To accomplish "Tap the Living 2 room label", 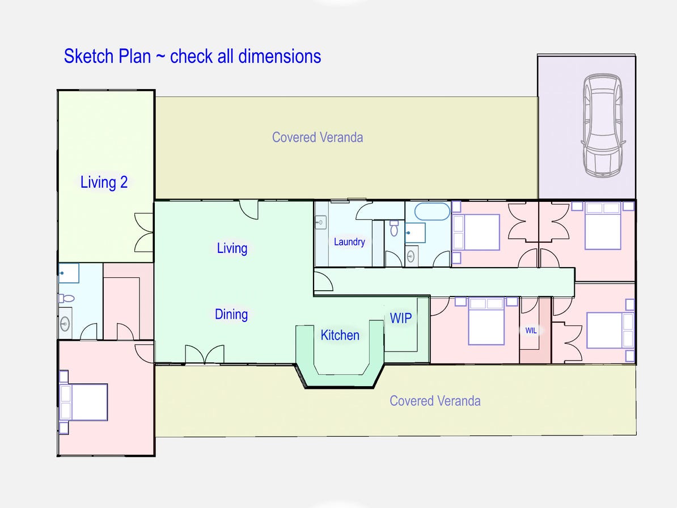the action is point(104,183).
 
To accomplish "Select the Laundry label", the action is point(349,242).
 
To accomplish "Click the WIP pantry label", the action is point(400,317).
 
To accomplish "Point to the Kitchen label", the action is point(340,335).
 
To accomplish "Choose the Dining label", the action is point(231,314).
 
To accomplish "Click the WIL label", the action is point(531,330).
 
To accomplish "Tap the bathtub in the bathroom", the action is point(432,212).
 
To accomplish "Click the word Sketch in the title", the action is point(86,57).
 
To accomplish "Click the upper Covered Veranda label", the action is point(318,137).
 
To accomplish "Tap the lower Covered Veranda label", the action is point(435,401).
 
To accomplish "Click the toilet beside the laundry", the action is point(395,228).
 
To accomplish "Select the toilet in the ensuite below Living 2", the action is point(67,298).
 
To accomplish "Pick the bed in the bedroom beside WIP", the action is point(486,321).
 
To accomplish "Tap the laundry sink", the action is point(321,222).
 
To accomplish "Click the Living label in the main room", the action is point(232,248).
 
